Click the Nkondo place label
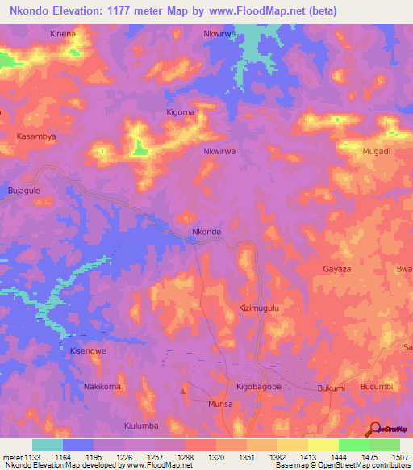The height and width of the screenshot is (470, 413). (x=206, y=232)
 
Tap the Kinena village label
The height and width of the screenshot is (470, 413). (x=62, y=34)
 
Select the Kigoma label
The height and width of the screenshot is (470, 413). (x=180, y=112)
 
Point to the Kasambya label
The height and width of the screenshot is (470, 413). (x=37, y=137)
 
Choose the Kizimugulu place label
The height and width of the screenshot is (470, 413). (x=259, y=308)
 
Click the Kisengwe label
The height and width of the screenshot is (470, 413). (x=88, y=351)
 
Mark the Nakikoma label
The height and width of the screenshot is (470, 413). (x=102, y=387)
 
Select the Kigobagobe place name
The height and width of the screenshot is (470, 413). (x=258, y=388)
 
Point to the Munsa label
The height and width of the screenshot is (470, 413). (x=220, y=403)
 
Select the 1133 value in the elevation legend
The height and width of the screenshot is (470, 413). (x=33, y=457)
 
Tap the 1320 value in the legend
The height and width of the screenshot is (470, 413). (x=217, y=457)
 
